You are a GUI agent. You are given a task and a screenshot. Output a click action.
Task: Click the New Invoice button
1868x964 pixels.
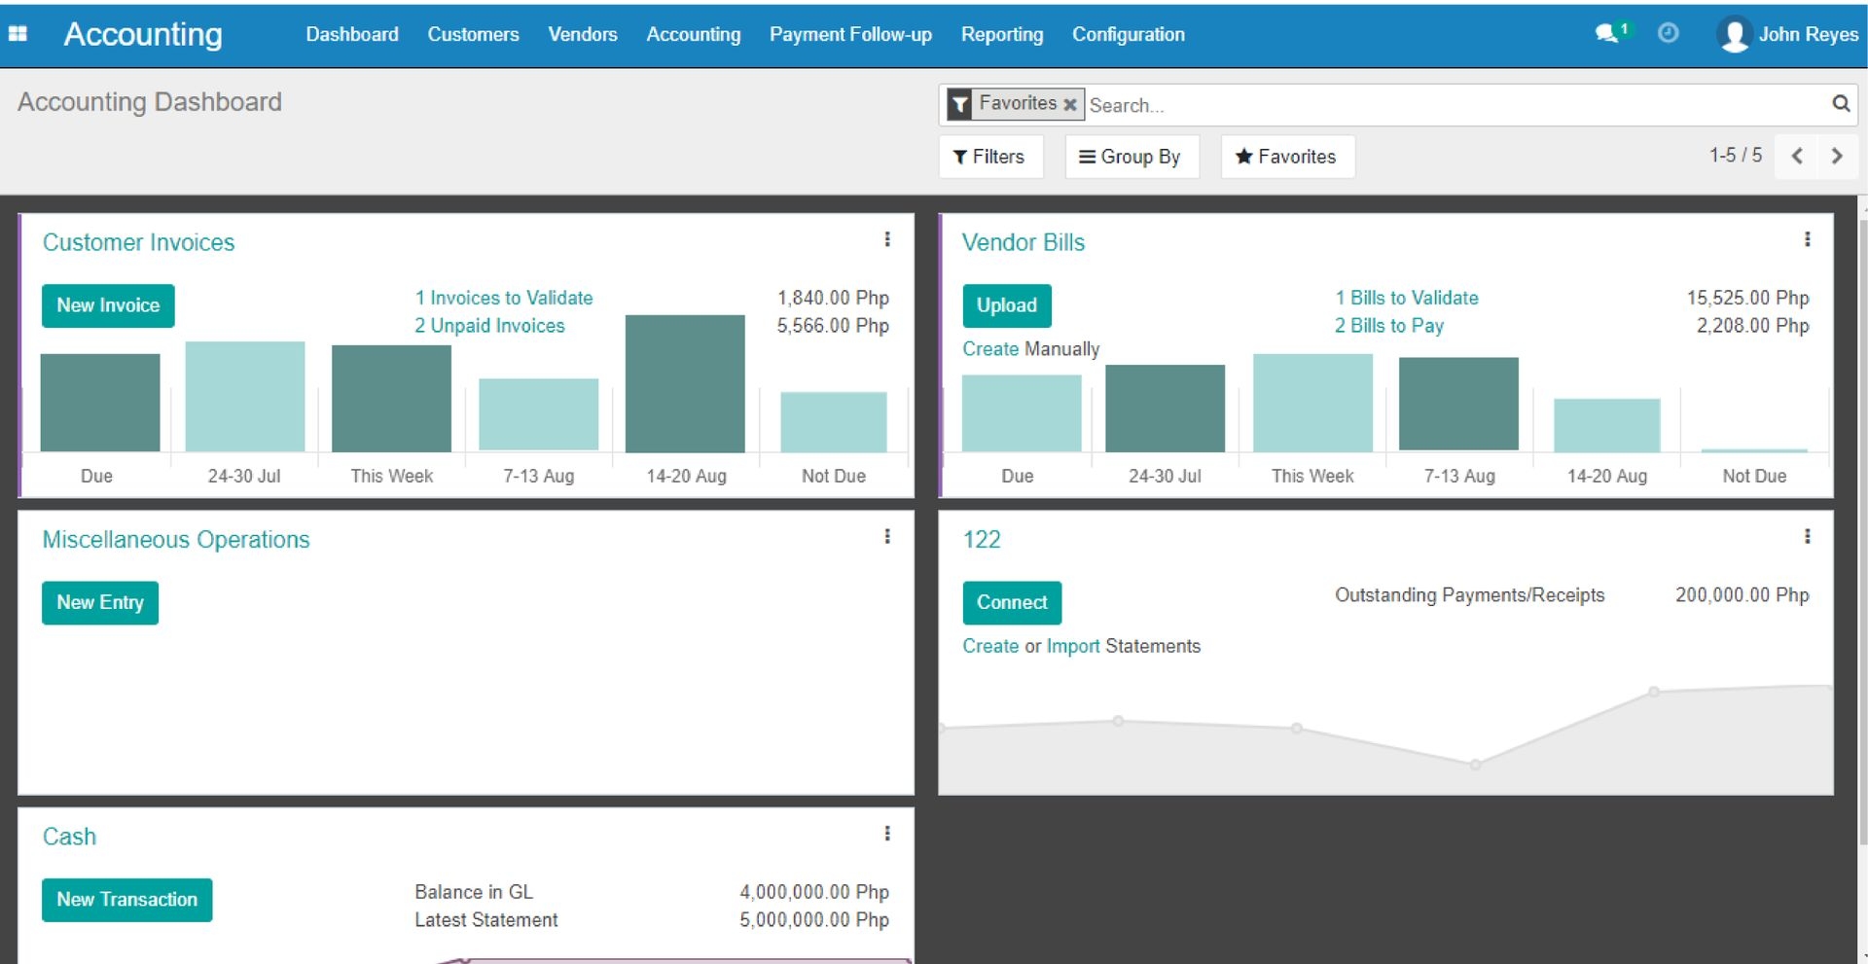click(108, 305)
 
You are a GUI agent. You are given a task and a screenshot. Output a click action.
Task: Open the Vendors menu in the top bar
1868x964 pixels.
click(582, 34)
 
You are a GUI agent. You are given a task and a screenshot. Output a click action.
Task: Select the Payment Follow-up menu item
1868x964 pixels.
click(850, 34)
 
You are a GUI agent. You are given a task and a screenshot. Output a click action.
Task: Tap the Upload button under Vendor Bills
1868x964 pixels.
click(1006, 305)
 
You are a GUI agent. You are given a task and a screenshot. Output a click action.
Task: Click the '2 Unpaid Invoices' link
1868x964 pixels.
click(489, 326)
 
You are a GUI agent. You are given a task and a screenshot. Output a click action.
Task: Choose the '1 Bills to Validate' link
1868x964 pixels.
click(1406, 298)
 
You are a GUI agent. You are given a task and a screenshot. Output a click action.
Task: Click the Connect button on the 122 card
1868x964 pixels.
click(1011, 602)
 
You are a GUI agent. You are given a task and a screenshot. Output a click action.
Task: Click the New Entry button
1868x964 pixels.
click(99, 602)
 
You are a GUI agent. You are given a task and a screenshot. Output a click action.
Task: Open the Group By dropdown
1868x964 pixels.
click(1131, 157)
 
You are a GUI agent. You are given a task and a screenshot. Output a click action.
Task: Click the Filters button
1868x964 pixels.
click(989, 157)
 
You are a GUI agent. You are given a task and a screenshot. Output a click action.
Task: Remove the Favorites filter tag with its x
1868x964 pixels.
click(1069, 104)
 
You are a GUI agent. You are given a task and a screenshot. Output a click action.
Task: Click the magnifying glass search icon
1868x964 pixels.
click(1840, 103)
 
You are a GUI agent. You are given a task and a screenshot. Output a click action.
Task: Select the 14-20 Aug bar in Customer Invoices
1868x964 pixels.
click(685, 383)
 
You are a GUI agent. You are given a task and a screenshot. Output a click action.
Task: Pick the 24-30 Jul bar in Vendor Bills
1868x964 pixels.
click(1165, 408)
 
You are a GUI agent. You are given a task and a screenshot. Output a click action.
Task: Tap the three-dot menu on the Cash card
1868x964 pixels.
click(887, 834)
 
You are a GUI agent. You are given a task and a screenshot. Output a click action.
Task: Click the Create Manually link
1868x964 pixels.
click(1030, 349)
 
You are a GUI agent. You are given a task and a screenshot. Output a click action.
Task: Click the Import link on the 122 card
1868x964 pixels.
click(1072, 646)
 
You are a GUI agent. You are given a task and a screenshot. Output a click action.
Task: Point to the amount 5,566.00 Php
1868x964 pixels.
click(832, 326)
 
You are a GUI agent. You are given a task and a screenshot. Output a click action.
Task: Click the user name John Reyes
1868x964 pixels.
click(1808, 34)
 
